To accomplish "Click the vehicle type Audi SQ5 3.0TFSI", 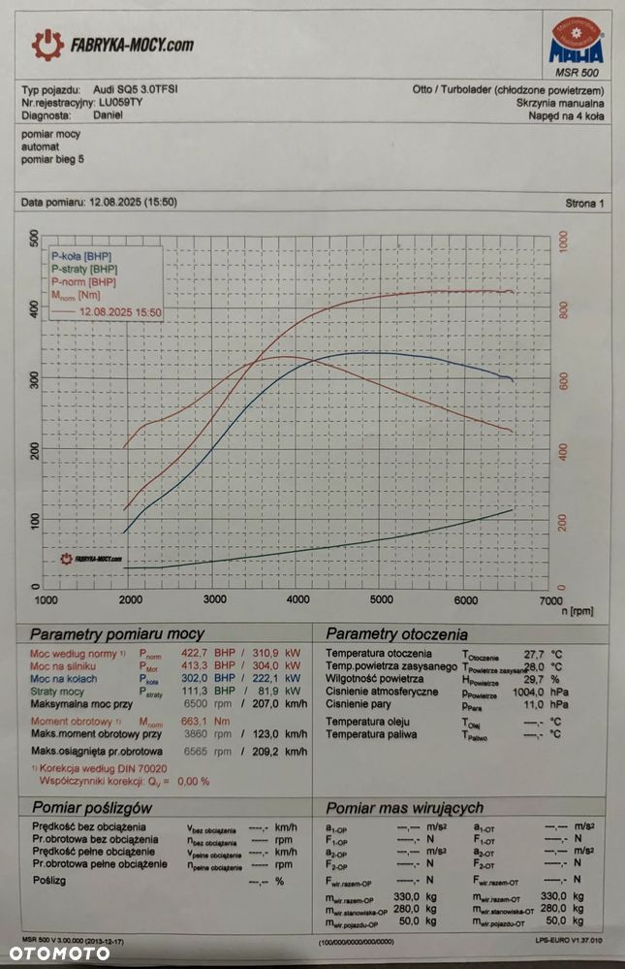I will coord(135,88).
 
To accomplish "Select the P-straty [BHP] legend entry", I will coord(85,269).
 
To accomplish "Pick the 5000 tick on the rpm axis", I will coord(381,599).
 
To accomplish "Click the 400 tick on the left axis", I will coord(34,308).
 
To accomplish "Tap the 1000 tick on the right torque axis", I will coord(566,238).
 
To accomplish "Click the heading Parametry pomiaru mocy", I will coord(119,633).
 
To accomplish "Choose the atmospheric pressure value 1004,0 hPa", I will coord(516,694).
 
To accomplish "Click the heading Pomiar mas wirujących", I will coord(404,807).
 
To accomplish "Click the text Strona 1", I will coord(584,204).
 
